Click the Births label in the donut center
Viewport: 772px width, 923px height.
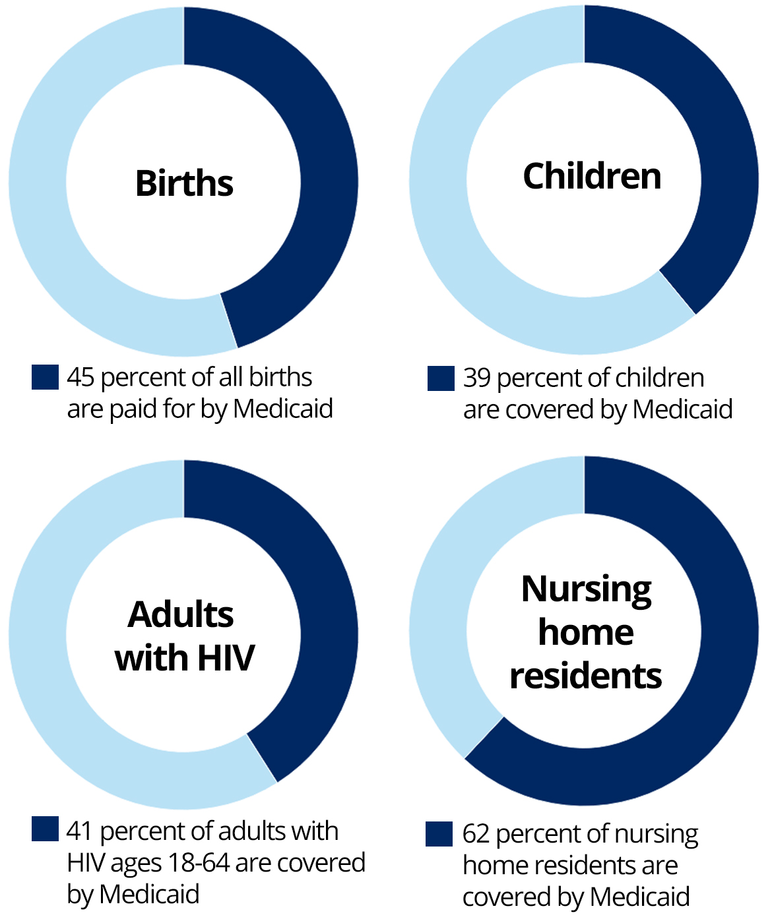184,183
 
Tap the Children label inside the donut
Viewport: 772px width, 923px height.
592,176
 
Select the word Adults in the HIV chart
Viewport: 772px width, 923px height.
180,614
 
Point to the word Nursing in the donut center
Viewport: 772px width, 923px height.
587,589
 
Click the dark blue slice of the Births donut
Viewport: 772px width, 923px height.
323,165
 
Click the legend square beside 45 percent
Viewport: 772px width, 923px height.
45,377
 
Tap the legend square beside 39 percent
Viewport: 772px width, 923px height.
441,378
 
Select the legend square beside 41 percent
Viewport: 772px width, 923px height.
45,829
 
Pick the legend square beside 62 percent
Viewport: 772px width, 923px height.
439,834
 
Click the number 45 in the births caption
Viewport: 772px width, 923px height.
80,377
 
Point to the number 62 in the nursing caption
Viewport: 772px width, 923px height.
476,834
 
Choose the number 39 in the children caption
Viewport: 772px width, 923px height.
476,378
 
